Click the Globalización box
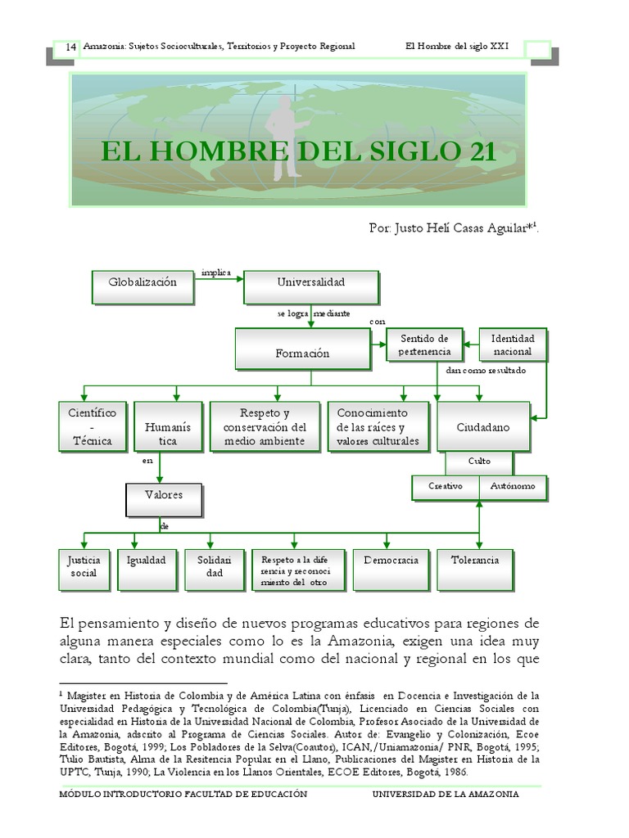[x=143, y=283]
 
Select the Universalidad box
[x=310, y=284]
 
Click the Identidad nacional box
[x=512, y=345]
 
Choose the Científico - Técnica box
[x=87, y=426]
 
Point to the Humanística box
[x=161, y=426]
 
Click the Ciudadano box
[x=483, y=426]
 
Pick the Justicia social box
[x=84, y=566]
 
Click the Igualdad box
[x=147, y=566]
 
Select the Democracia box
[x=390, y=566]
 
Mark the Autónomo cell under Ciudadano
[x=513, y=486]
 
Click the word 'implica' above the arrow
[x=216, y=273]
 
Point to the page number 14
[x=70, y=47]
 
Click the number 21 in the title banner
[x=478, y=151]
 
